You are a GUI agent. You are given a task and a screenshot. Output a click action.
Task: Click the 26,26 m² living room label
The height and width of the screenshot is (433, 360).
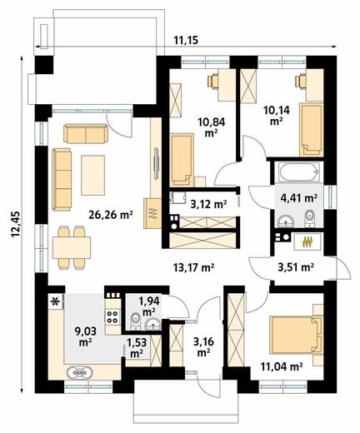tap(111, 215)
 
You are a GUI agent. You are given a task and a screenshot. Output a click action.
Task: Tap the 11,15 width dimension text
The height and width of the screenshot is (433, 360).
tap(186, 41)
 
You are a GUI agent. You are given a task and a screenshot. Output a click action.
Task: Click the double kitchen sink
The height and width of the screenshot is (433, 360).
tap(79, 372)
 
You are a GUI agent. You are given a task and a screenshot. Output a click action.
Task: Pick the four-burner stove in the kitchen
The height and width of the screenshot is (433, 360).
tap(112, 316)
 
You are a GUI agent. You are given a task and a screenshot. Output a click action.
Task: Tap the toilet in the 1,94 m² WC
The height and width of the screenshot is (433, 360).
tap(135, 321)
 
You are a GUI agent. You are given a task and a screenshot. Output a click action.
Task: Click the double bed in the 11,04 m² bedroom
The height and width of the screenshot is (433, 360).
tap(296, 336)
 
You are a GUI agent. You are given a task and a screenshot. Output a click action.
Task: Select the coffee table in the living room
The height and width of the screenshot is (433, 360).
tap(93, 176)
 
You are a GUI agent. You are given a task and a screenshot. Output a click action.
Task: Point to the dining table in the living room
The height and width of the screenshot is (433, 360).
tap(72, 247)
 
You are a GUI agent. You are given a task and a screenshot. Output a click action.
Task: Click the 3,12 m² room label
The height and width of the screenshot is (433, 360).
tap(209, 205)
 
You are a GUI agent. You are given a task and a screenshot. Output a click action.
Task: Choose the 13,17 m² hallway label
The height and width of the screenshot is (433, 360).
tap(193, 268)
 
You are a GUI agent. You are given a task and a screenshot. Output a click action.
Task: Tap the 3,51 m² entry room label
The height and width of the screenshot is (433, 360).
tap(296, 267)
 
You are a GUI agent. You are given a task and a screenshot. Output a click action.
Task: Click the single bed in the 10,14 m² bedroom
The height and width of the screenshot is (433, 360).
tap(311, 130)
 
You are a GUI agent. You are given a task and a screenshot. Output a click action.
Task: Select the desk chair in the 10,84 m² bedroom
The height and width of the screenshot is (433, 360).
tap(212, 81)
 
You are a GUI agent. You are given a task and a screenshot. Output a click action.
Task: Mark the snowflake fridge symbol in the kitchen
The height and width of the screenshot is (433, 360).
tap(56, 301)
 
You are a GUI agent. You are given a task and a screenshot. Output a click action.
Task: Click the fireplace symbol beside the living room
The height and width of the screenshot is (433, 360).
tap(152, 213)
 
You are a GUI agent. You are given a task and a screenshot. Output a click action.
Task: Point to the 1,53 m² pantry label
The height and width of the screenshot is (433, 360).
tap(137, 347)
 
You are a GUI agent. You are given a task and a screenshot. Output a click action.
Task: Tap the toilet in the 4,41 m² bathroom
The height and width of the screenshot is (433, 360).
tap(309, 218)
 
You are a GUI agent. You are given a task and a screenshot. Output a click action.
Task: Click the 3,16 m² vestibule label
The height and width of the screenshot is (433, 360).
tap(203, 347)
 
